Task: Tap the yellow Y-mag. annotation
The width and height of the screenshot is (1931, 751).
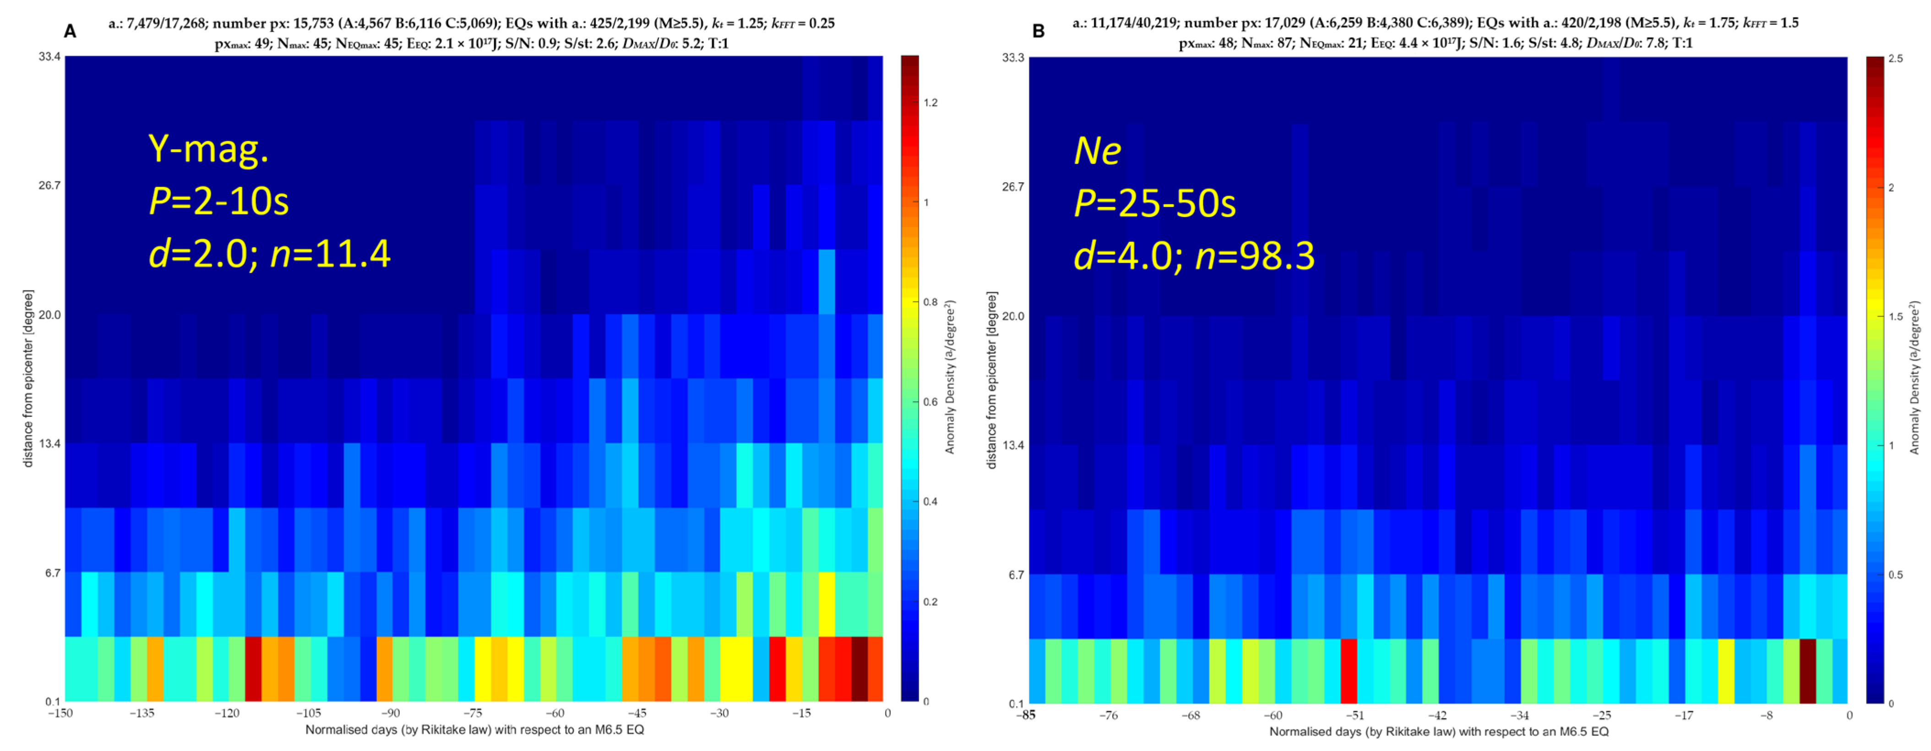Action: pyautogui.click(x=208, y=149)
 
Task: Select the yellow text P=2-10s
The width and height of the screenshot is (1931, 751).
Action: pyautogui.click(x=219, y=201)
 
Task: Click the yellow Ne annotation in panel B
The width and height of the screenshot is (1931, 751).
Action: pyautogui.click(x=1098, y=151)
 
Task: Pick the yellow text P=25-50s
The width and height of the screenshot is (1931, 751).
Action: pyautogui.click(x=1154, y=203)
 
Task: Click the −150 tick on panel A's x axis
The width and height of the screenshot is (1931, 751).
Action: pyautogui.click(x=61, y=713)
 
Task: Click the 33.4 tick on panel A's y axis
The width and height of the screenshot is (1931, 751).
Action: pyautogui.click(x=49, y=57)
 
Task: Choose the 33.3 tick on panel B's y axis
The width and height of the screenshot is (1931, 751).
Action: pyautogui.click(x=1013, y=59)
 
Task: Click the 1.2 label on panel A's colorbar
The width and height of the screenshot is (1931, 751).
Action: pyautogui.click(x=930, y=103)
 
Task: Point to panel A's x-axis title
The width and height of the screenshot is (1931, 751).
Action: pyautogui.click(x=474, y=729)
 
